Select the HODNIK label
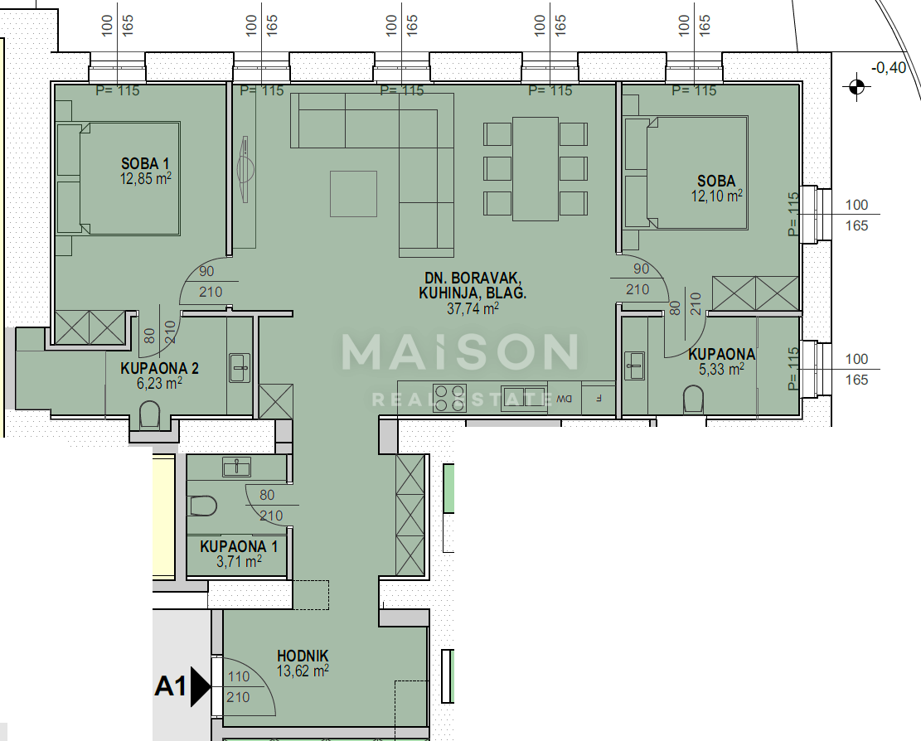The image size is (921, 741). tap(303, 656)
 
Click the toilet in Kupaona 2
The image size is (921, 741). tap(150, 414)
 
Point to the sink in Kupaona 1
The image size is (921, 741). tap(237, 467)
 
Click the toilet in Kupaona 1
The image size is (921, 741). tap(203, 505)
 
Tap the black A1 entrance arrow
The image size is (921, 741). tap(200, 686)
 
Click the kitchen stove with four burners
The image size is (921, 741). tap(448, 398)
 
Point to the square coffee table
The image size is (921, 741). tap(353, 193)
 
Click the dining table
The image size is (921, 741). tap(536, 169)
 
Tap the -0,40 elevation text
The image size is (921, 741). tap(889, 68)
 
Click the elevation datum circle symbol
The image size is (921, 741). tap(856, 85)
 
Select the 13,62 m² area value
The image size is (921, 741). tap(303, 671)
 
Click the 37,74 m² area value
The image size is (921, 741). tap(473, 308)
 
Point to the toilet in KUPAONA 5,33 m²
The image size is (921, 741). tap(693, 402)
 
